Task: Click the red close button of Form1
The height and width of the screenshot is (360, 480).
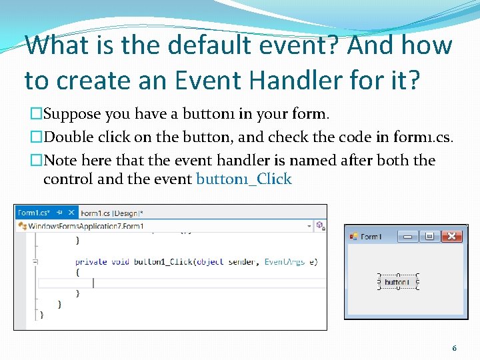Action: [x=452, y=236]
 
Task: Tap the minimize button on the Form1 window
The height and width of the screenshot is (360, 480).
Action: [x=407, y=236]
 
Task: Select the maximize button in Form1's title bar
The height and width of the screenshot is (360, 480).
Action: [x=429, y=236]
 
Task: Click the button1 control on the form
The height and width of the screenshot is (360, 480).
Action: [x=397, y=282]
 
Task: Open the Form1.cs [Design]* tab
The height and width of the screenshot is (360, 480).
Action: [x=111, y=213]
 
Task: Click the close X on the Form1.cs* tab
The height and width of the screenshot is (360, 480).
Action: [x=71, y=213]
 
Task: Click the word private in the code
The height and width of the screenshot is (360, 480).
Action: [x=91, y=262]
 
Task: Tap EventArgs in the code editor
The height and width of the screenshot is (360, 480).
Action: [x=285, y=262]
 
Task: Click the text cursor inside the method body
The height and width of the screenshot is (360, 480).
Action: [x=93, y=283]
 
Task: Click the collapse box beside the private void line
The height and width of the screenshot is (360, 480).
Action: [x=35, y=262]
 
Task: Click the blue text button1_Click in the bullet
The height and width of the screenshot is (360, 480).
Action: [x=243, y=179]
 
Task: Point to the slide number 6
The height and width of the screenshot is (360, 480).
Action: [x=454, y=348]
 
